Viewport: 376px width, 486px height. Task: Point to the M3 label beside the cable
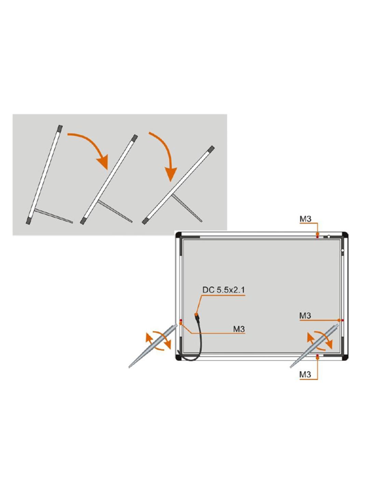[239, 329]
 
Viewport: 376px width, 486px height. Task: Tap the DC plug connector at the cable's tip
[198, 319]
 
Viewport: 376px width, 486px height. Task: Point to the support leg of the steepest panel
[54, 216]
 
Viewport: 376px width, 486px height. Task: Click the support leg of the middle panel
[115, 211]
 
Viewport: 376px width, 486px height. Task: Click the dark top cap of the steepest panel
[60, 129]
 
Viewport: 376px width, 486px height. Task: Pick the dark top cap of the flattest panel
[211, 149]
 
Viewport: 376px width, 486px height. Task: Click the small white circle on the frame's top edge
[328, 237]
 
